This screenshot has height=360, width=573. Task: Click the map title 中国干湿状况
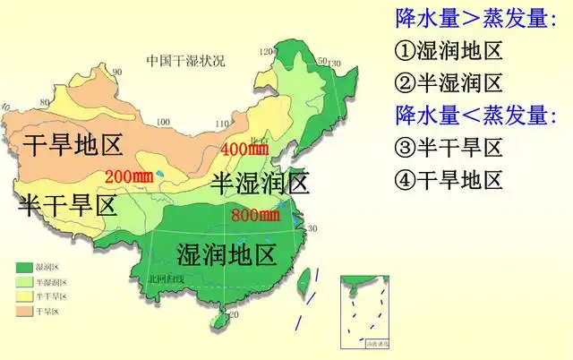point(186,61)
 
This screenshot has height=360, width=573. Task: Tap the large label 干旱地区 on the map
point(73,144)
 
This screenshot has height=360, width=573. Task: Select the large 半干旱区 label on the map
point(67,206)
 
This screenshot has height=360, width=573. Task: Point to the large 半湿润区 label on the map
point(261,184)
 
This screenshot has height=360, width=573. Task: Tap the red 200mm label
point(129,175)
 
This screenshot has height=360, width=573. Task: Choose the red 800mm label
point(255,215)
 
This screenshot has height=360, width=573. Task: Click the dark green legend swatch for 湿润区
point(24,267)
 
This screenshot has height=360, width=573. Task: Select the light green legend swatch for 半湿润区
point(24,281)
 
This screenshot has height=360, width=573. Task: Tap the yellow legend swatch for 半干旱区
point(24,296)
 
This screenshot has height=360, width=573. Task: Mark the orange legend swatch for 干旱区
point(24,310)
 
